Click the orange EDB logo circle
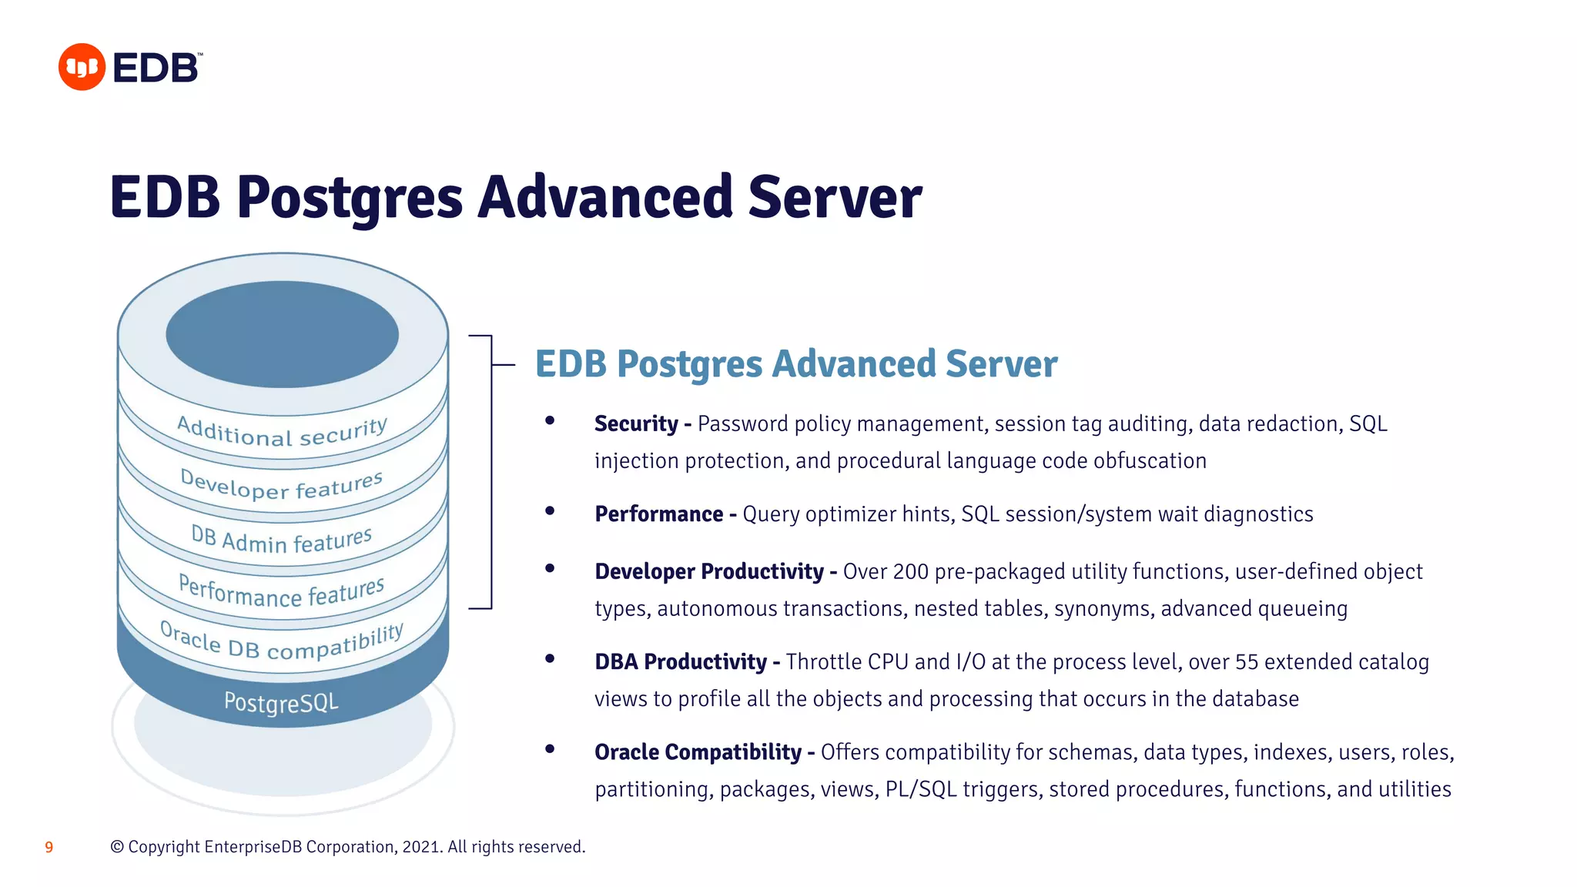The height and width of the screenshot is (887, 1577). point(82,67)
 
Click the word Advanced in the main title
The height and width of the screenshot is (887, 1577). point(604,197)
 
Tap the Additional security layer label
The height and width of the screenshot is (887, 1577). point(282,432)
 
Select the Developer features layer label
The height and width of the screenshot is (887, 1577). point(282,486)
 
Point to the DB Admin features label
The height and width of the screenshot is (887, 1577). point(282,539)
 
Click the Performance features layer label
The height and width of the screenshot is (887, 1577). point(282,592)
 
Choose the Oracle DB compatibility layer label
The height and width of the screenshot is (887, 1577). point(282,644)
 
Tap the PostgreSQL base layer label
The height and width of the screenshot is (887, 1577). point(281,702)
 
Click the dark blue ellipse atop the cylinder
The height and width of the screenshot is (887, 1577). point(282,334)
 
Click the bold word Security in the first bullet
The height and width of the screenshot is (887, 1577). point(636,424)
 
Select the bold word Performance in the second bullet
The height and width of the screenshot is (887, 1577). point(659,514)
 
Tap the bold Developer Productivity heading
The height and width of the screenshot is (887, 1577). point(709,572)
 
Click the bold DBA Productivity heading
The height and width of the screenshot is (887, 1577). point(681,662)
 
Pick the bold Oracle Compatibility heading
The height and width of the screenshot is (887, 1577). point(698,752)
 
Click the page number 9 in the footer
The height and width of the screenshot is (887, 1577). point(49,848)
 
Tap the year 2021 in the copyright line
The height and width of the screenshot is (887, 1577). point(421,847)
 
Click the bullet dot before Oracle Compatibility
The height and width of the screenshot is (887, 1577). point(550,748)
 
